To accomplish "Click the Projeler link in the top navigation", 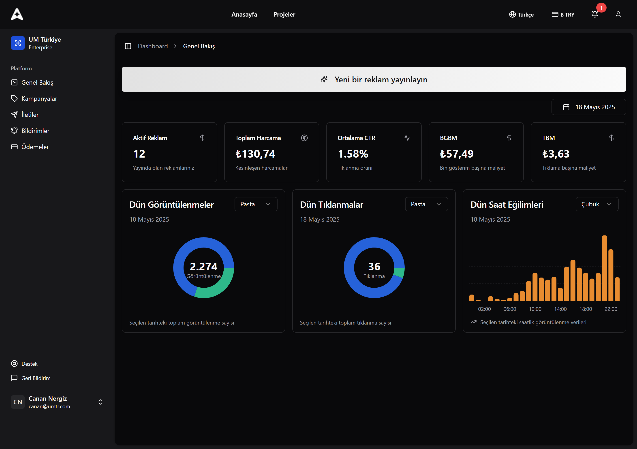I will [x=284, y=14].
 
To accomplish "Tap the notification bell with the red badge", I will [x=594, y=14].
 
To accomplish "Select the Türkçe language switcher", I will [x=521, y=14].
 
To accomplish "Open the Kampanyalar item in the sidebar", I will [x=39, y=98].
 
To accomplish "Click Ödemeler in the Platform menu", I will [x=35, y=147].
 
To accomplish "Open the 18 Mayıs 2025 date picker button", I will [x=588, y=107].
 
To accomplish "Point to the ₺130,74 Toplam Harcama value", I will [x=255, y=154].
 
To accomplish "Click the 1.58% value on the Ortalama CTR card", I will [x=353, y=154].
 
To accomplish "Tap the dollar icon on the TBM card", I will [x=611, y=138].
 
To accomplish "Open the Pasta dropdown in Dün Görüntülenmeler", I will [x=256, y=204].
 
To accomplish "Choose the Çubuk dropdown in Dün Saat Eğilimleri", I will [x=596, y=204].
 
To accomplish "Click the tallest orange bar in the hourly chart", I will [x=604, y=268].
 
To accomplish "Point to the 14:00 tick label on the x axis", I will [x=560, y=309].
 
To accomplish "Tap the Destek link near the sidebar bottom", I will [x=29, y=364].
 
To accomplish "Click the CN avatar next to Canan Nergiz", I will [x=18, y=402].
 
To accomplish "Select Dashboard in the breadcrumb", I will [x=153, y=46].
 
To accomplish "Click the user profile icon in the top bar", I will [x=618, y=14].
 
